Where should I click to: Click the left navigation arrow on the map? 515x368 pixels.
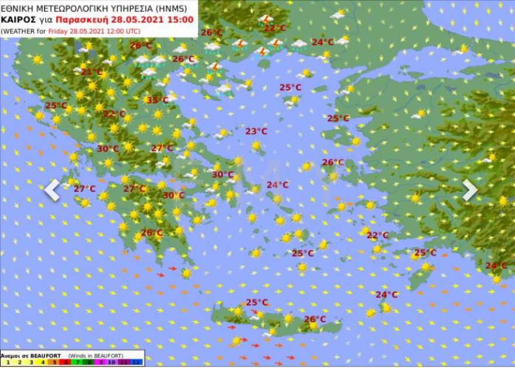coord(52,190)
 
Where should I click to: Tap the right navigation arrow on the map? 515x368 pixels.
coord(470,190)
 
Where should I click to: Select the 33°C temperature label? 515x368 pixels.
coord(157,100)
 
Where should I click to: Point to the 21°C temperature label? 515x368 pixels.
coord(91,72)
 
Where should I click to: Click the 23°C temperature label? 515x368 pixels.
coord(256,131)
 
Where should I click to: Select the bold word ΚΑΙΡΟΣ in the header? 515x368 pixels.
coord(16,19)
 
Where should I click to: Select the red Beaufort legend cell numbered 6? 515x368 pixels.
coord(66,363)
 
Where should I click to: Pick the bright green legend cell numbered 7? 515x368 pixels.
coord(78,363)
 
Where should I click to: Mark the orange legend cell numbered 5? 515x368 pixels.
coord(54,363)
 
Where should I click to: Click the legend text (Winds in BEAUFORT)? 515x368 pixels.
coord(95,355)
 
